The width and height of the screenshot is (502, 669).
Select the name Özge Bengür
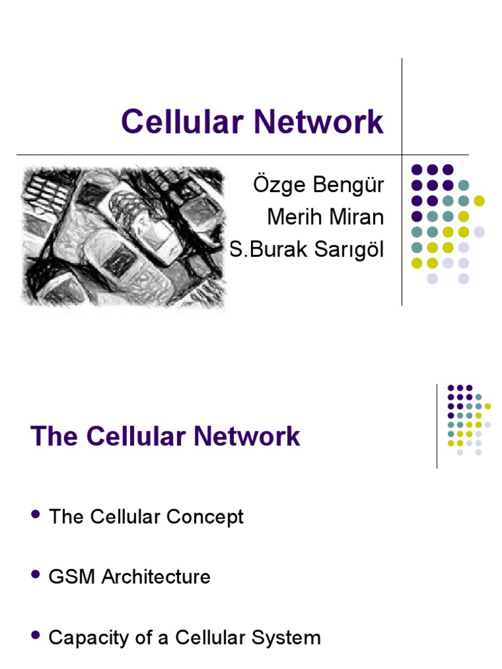pyautogui.click(x=318, y=185)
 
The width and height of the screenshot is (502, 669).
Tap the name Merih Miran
pyautogui.click(x=326, y=216)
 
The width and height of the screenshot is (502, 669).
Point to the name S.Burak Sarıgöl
pyautogui.click(x=307, y=248)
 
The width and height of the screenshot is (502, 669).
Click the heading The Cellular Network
pyautogui.click(x=165, y=436)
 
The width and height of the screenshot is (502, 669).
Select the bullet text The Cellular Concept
pyautogui.click(x=146, y=517)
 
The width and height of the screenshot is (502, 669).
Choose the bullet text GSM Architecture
pyautogui.click(x=129, y=577)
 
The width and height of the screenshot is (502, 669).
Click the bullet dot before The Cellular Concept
pyautogui.click(x=36, y=516)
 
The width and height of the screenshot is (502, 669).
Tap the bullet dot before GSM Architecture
pyautogui.click(x=36, y=576)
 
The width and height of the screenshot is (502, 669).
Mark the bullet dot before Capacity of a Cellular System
pyautogui.click(x=36, y=636)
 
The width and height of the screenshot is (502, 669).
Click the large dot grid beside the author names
pyautogui.click(x=447, y=223)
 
